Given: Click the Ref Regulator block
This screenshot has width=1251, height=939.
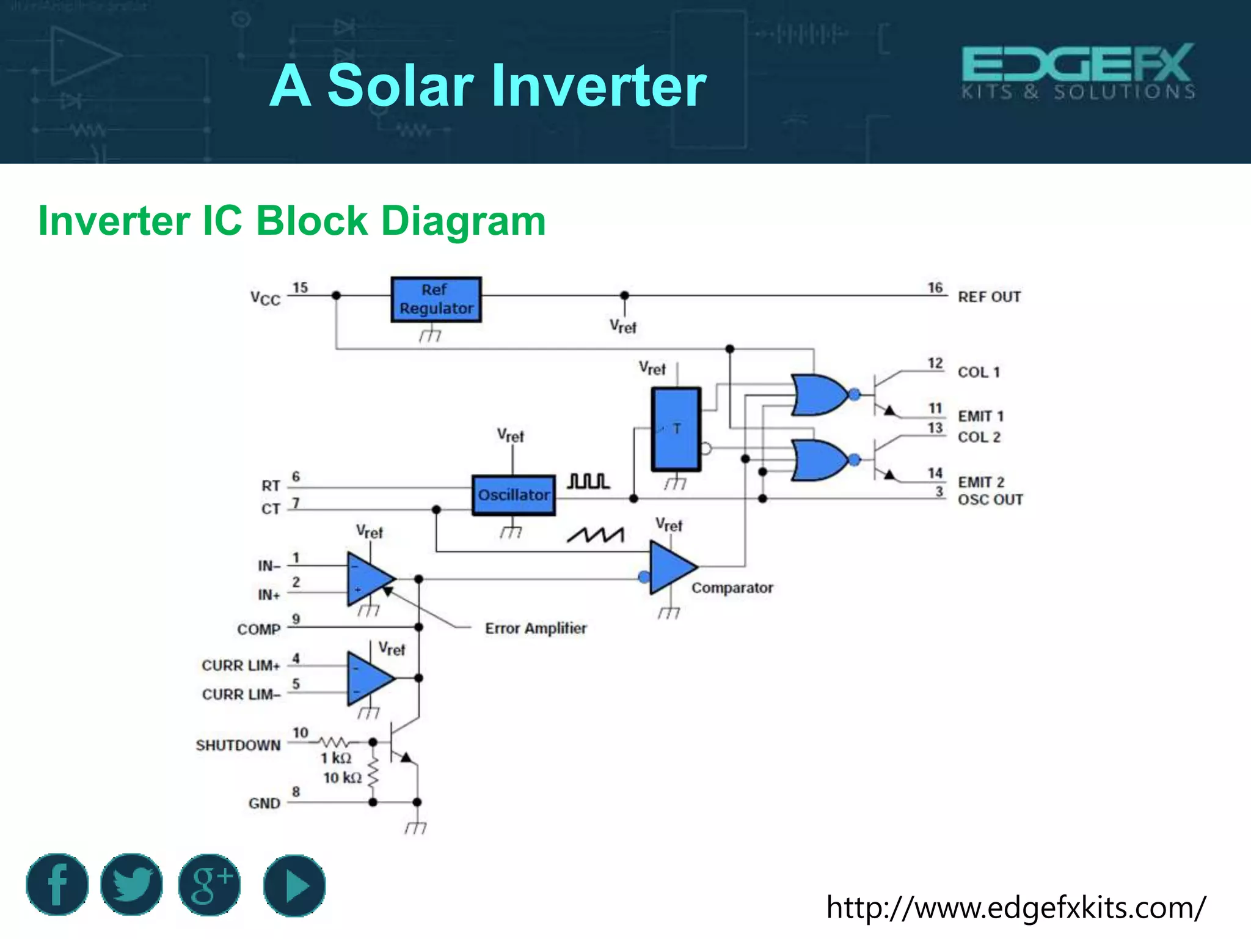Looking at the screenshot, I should tap(436, 300).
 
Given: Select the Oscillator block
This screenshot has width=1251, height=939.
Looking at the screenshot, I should tap(514, 495).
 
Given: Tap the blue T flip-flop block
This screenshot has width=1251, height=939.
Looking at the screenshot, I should tap(676, 429).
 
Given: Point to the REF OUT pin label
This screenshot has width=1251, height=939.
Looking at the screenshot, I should tap(989, 297).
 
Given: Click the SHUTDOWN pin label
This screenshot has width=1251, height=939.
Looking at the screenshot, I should tap(238, 745).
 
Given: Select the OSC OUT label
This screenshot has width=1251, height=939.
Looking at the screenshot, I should tap(990, 500).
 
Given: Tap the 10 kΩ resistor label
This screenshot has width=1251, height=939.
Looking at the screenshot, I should tap(342, 778).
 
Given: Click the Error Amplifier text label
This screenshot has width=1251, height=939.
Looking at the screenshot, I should tap(536, 628).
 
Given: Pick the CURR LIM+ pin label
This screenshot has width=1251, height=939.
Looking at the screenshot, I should tap(241, 665).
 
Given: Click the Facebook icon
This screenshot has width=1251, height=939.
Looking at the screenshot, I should tap(57, 885).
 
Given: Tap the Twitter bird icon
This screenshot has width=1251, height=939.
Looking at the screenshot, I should tap(132, 885).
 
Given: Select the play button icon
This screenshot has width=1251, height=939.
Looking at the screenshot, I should tap(294, 885).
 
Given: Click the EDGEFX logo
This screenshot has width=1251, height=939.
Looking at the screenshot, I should tap(1078, 72).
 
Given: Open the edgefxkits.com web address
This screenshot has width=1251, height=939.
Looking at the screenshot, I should tap(1016, 908).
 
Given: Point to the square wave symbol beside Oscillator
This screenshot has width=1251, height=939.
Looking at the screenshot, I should tap(588, 481).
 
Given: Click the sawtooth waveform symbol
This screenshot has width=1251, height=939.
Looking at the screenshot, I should tap(596, 536).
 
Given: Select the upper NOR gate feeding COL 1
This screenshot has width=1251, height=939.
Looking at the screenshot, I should tap(819, 395).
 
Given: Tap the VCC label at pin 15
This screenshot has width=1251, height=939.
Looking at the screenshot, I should tap(265, 298).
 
